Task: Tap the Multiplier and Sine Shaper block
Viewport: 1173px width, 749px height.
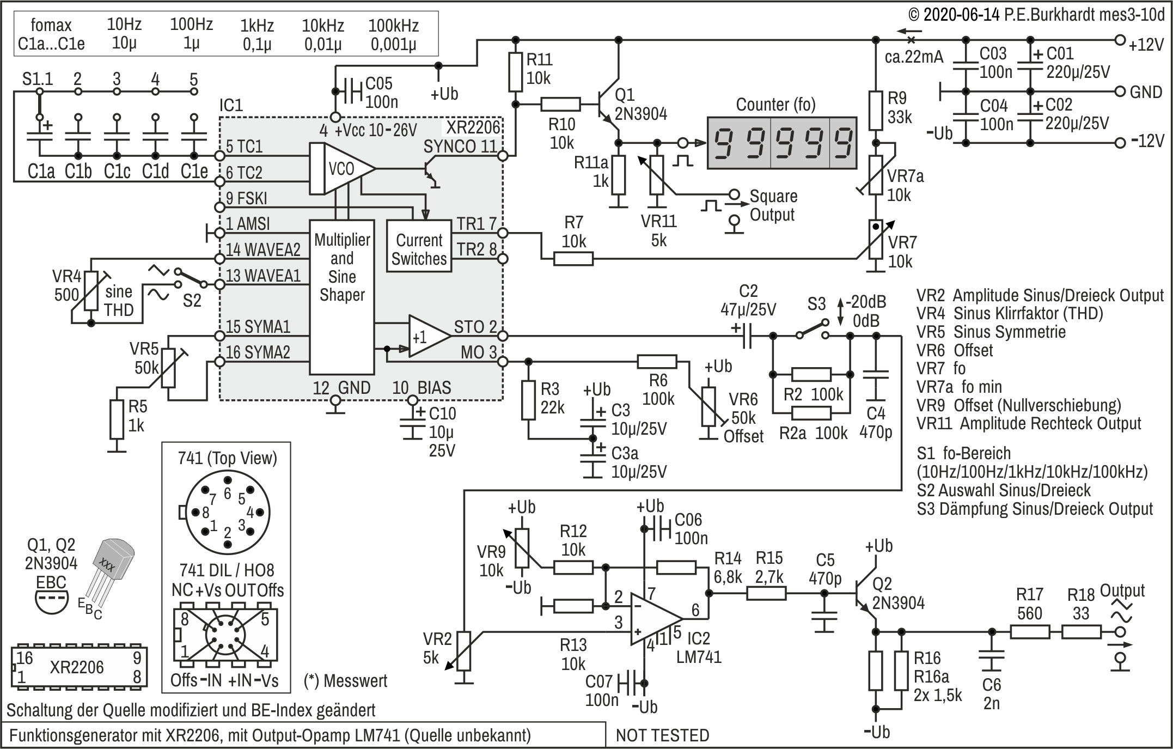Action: (x=342, y=297)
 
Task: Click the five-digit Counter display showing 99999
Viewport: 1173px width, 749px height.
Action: (x=781, y=142)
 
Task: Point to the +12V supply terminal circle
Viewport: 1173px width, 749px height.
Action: (x=1120, y=40)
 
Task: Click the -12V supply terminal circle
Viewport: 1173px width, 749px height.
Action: (x=1120, y=143)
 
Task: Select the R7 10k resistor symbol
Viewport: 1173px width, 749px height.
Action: (x=573, y=259)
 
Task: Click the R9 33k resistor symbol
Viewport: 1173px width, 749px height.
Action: (x=875, y=111)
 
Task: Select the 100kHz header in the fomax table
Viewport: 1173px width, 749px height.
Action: (x=394, y=26)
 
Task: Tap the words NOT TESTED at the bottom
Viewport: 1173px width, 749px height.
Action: (x=663, y=735)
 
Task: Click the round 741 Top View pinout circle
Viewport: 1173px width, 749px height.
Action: (x=228, y=512)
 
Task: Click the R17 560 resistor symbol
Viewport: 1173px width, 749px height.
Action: (x=1030, y=632)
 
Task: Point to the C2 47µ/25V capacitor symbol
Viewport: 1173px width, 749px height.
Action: (x=747, y=336)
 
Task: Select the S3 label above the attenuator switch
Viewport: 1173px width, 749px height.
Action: (x=817, y=303)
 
